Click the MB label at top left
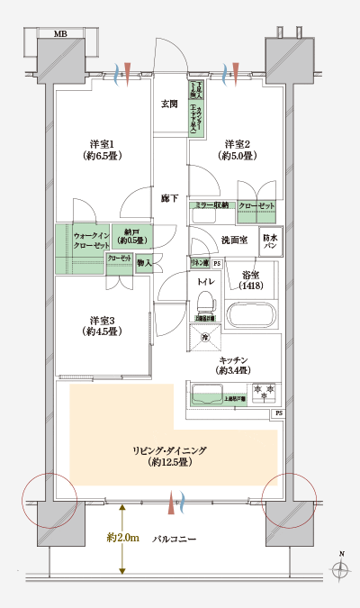tap(61, 34)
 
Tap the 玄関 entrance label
tap(169, 104)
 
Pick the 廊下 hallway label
tap(169, 197)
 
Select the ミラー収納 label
tap(212, 206)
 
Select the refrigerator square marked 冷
tap(204, 336)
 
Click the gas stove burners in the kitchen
tap(264, 393)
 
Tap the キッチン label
tap(234, 365)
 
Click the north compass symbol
tap(339, 569)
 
